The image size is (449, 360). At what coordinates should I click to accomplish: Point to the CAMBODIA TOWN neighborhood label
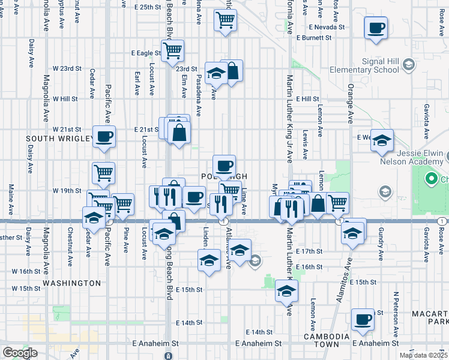click(x=325, y=337)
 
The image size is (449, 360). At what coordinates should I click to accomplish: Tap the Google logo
click(x=20, y=353)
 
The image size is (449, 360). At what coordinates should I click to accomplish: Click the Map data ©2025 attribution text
click(x=424, y=355)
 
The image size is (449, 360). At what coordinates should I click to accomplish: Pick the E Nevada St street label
click(x=327, y=27)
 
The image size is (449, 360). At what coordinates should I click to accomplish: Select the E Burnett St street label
click(x=312, y=38)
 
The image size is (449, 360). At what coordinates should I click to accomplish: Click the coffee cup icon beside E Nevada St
click(x=375, y=28)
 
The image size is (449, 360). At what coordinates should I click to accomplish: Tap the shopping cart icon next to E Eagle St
click(x=172, y=50)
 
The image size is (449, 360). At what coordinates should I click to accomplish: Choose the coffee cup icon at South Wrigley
click(x=103, y=136)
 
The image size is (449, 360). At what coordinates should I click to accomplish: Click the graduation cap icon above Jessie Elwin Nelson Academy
click(x=381, y=140)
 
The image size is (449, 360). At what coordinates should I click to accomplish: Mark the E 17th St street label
click(x=309, y=251)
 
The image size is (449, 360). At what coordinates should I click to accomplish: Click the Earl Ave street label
click(x=137, y=83)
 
